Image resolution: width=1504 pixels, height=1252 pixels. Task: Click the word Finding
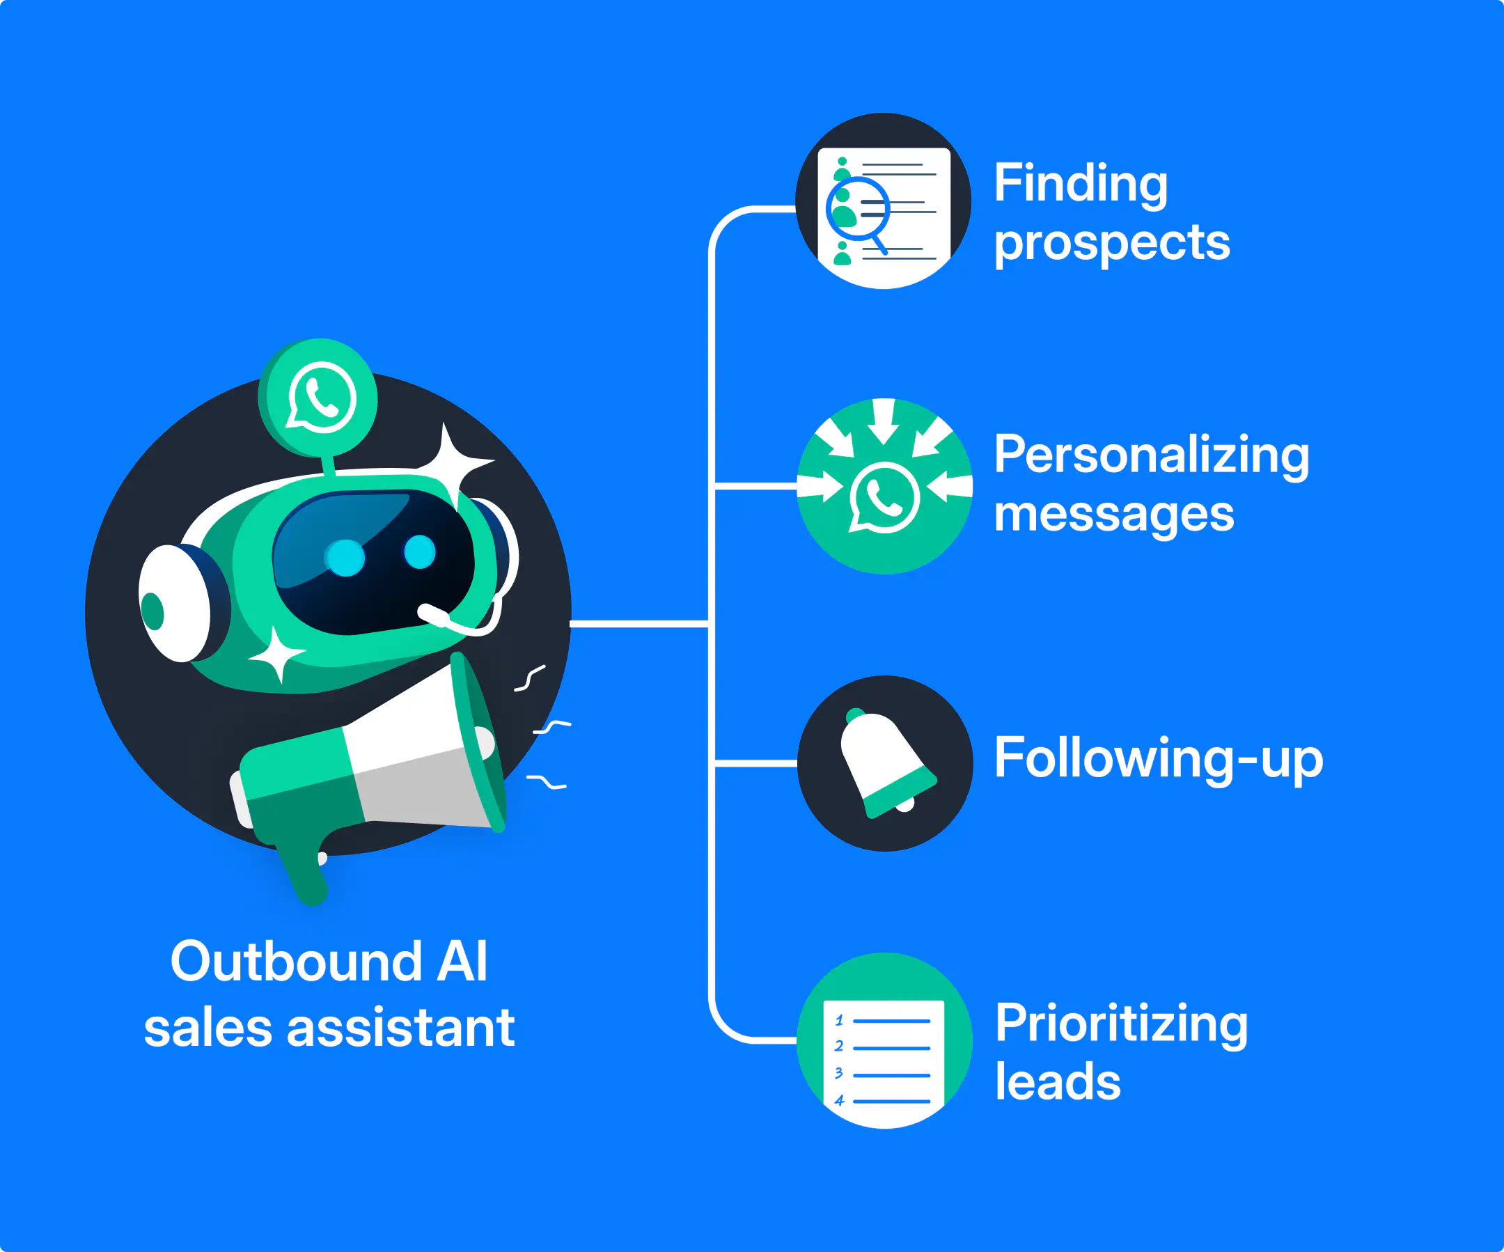1080,183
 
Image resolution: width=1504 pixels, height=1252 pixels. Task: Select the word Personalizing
1151,455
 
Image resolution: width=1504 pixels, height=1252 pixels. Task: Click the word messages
1113,515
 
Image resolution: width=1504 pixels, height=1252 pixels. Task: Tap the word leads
1057,1082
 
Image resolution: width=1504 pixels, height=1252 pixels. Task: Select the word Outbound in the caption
296,961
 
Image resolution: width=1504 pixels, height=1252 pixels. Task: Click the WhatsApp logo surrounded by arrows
884,497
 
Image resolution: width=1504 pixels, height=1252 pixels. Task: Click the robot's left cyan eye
345,558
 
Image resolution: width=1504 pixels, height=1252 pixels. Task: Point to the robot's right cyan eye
419,552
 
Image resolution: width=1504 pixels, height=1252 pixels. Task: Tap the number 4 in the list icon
839,1101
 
